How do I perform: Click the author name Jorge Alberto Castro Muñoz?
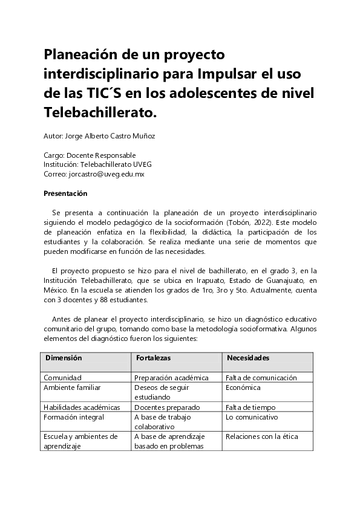(x=113, y=136)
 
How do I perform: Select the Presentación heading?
(x=66, y=194)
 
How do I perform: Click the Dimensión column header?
(x=64, y=358)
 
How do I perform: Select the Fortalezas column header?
(x=154, y=358)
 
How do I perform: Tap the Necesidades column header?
(x=247, y=358)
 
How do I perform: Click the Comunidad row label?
(x=62, y=377)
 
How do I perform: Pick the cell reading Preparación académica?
(x=171, y=377)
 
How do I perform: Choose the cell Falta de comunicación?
(x=261, y=377)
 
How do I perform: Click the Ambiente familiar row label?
(x=72, y=387)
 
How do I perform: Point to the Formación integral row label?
(x=74, y=417)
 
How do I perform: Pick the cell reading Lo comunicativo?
(x=251, y=417)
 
